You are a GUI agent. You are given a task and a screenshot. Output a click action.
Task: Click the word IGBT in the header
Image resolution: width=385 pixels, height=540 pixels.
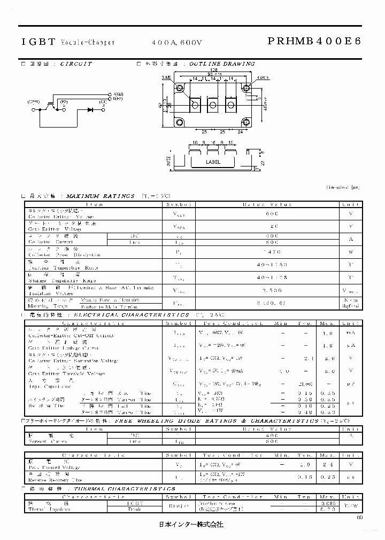pyautogui.click(x=37, y=41)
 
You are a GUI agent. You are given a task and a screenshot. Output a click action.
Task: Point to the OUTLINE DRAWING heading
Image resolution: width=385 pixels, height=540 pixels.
pyautogui.click(x=221, y=63)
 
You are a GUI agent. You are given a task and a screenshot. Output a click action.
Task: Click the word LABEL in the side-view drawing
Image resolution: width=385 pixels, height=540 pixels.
pyautogui.click(x=213, y=162)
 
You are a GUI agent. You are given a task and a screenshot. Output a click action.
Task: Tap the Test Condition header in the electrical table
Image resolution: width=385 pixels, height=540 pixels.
pyautogui.click(x=242, y=323)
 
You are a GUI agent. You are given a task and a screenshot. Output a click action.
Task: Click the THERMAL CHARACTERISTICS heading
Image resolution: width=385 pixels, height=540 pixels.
pyautogui.click(x=125, y=489)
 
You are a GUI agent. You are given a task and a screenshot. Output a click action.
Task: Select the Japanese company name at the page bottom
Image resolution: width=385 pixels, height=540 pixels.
pyautogui.click(x=193, y=525)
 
